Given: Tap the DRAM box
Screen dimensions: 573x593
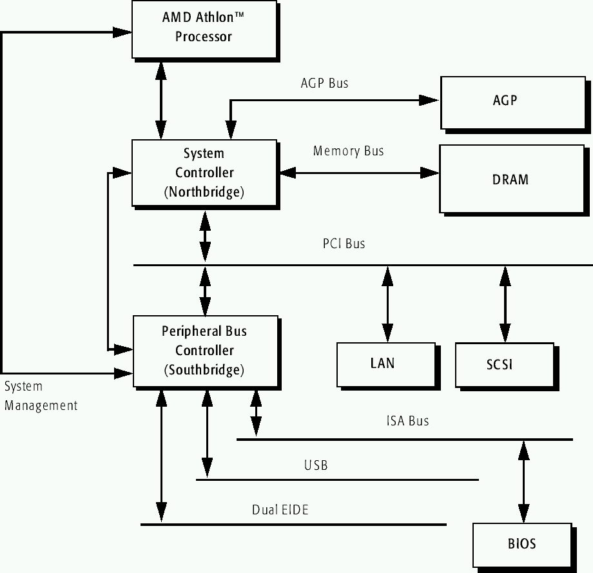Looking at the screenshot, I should coord(509,179).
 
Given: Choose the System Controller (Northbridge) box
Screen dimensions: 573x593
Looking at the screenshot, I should coord(204,173).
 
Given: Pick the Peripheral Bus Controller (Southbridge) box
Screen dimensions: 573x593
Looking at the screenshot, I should coord(204,351).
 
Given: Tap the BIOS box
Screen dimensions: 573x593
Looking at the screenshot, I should coord(521,544).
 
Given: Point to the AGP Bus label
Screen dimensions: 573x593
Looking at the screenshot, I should coord(324,83).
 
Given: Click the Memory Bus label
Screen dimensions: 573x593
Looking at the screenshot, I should coord(348,151).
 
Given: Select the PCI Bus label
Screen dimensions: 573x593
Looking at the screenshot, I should coord(344,244).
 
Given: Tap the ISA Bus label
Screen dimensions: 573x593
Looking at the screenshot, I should coord(407,422).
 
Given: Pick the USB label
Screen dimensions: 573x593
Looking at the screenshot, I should coord(316,465).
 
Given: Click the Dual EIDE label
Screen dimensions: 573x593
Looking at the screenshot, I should coord(280,510).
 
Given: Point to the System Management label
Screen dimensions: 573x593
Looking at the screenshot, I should coord(40,396).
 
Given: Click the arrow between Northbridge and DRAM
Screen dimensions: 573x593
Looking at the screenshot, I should coord(358,173).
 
